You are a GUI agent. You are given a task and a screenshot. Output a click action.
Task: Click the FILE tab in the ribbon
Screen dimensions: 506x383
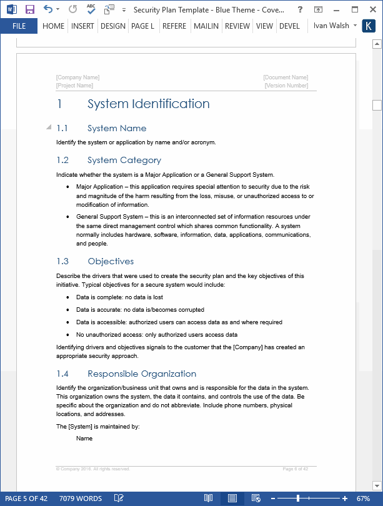tap(19, 26)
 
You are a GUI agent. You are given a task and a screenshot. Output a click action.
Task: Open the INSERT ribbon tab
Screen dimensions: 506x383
tap(82, 26)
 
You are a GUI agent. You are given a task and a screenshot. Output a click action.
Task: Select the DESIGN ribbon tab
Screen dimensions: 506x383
tap(112, 26)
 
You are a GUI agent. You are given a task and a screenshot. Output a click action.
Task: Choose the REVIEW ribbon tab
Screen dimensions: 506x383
tap(237, 26)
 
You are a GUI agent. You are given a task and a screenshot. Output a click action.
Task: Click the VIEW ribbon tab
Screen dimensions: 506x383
tap(264, 26)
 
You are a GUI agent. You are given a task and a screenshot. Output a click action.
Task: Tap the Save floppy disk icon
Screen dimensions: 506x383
tap(30, 9)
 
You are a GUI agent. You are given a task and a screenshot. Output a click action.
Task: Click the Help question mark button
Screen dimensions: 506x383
tap(301, 9)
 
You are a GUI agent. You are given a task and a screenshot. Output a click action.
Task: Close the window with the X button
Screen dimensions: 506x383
tap(369, 9)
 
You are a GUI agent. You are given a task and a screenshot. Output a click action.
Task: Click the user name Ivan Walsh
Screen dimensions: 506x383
tap(331, 26)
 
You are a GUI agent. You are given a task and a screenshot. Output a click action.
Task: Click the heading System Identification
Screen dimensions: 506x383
tap(149, 104)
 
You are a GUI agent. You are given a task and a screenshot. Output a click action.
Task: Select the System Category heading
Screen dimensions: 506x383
tap(124, 160)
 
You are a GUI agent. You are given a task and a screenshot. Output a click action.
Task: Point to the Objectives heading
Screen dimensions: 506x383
tap(111, 261)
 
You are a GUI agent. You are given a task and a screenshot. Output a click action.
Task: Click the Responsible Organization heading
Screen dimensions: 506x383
tap(142, 374)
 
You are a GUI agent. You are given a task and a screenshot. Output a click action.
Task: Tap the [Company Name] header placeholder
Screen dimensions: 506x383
tap(77, 77)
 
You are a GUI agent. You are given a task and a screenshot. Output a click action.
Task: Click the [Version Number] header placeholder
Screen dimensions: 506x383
tap(286, 86)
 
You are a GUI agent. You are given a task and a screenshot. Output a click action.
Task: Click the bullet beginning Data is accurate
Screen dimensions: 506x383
tap(140, 310)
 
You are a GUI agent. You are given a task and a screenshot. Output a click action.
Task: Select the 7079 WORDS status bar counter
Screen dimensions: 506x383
tap(81, 499)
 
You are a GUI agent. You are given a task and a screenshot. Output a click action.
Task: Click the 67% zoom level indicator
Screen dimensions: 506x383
tap(363, 499)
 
